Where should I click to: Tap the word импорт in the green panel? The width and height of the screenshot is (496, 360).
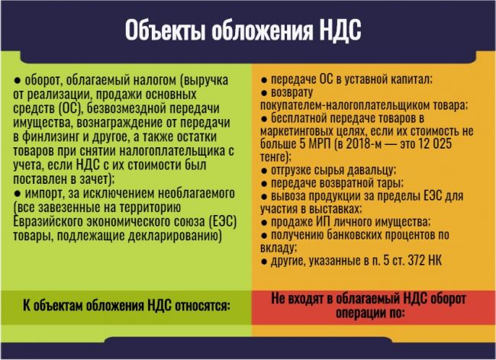pyautogui.click(x=44, y=194)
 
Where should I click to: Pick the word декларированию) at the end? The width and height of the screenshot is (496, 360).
pyautogui.click(x=175, y=236)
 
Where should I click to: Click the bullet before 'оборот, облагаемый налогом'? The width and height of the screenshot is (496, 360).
pyautogui.click(x=17, y=81)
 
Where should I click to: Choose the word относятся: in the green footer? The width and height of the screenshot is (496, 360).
pyautogui.click(x=202, y=306)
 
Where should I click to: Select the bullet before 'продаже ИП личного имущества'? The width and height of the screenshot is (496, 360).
pyautogui.click(x=264, y=223)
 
